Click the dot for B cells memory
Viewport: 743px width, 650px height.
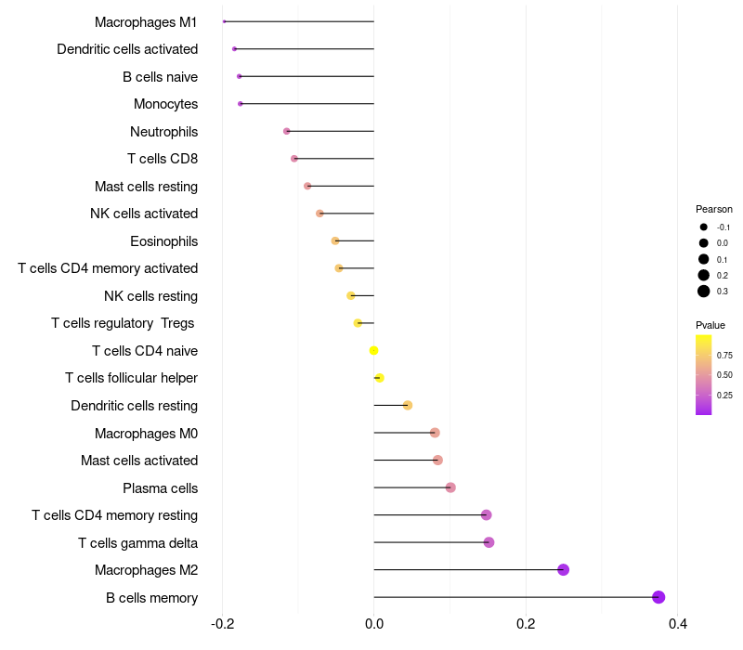pyautogui.click(x=658, y=597)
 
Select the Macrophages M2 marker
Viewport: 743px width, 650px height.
pyautogui.click(x=563, y=570)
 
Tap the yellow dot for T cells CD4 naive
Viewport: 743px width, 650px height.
pyautogui.click(x=373, y=351)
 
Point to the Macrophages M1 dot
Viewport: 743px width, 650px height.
pyautogui.click(x=224, y=21)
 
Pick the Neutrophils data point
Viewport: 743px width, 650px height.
pyautogui.click(x=287, y=131)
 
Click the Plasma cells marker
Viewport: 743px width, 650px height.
pyautogui.click(x=450, y=487)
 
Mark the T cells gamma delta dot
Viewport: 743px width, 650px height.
pyautogui.click(x=489, y=542)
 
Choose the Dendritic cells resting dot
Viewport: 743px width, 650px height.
pyautogui.click(x=408, y=405)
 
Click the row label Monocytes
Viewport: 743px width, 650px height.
pyautogui.click(x=165, y=104)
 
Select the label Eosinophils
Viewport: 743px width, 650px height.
pyautogui.click(x=163, y=241)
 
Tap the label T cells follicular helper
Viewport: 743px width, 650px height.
pyautogui.click(x=131, y=378)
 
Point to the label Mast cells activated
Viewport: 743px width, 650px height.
pyautogui.click(x=139, y=461)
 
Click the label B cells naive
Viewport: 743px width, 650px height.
pyautogui.click(x=160, y=76)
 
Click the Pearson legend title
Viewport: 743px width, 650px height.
pyautogui.click(x=713, y=209)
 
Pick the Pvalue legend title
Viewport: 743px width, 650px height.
pyautogui.click(x=710, y=325)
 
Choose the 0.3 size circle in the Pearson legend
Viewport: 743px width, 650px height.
pyautogui.click(x=704, y=292)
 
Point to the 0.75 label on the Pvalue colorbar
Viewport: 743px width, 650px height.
pyautogui.click(x=724, y=355)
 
